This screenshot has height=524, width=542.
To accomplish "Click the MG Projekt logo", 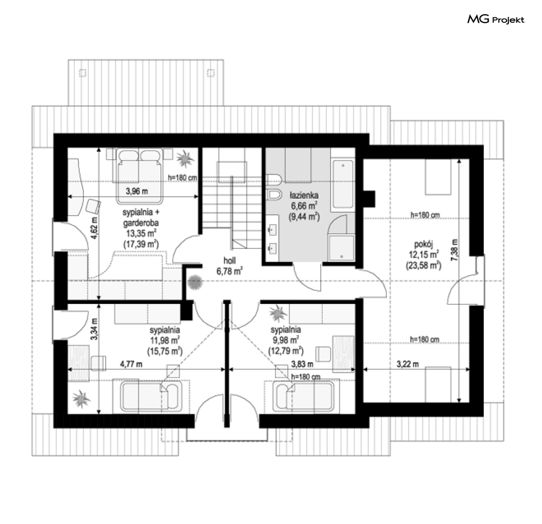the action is point(496,20).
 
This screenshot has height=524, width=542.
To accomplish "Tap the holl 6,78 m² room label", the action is point(229,266).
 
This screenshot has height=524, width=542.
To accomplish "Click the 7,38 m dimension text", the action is point(454,250).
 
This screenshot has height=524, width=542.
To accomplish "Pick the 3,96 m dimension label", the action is point(137,191).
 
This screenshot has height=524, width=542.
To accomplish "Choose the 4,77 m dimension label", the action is point(131,364).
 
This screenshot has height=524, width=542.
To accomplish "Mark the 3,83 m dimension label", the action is point(302,364).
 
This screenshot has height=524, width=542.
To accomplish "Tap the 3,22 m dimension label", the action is point(407,364).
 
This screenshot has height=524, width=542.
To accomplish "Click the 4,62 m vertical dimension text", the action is point(94,228).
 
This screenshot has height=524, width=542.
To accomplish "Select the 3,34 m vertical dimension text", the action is point(94,329).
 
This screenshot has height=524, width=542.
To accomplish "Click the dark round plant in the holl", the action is point(195,282).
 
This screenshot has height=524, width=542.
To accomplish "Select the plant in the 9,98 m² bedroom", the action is point(278,313).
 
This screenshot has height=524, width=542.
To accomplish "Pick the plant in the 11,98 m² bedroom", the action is point(82,399).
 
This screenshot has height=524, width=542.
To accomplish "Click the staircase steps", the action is point(232,203).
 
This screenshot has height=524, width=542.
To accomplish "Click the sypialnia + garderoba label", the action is point(141,217).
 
